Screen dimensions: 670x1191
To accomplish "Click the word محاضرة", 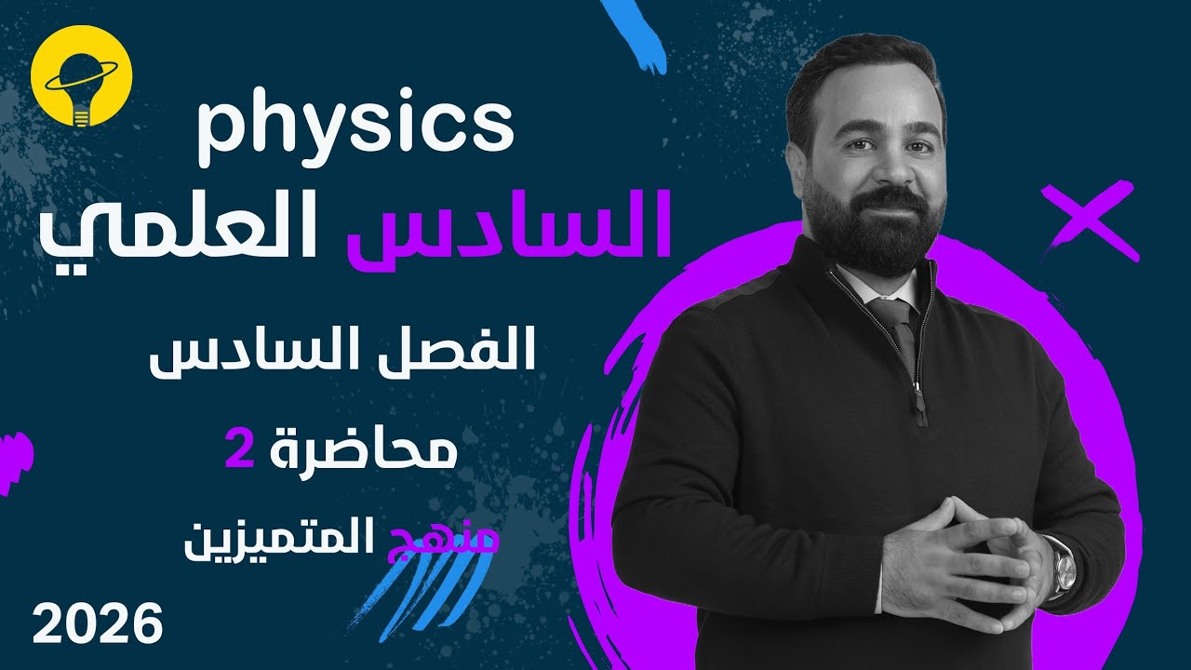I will [x=371, y=452].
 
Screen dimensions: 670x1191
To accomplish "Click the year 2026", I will [x=97, y=623].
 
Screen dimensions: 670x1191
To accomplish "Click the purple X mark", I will [x=1089, y=221].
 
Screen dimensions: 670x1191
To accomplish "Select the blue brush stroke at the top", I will [x=637, y=33].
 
